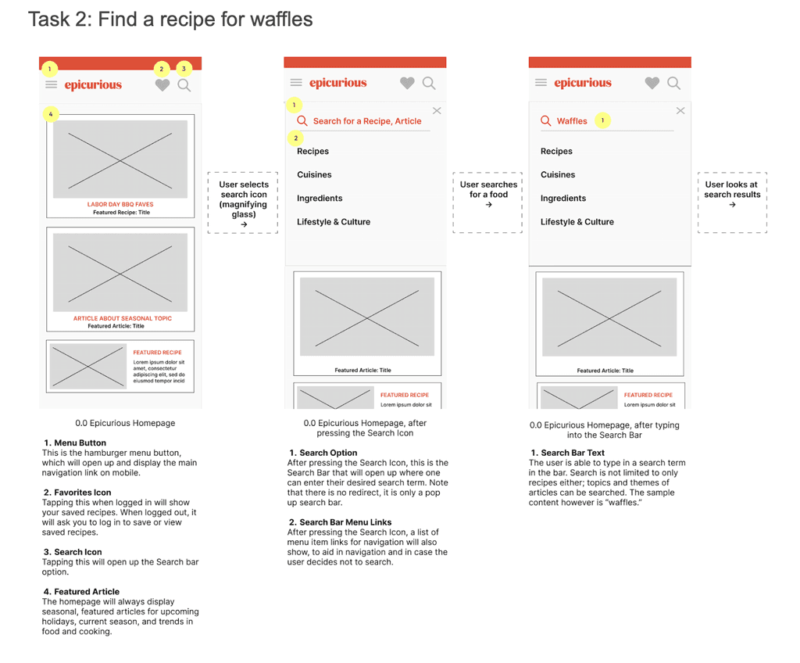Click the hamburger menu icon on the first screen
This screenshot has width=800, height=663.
point(51,84)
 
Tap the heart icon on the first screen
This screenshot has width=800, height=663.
point(162,84)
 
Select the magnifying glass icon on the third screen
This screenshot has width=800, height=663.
point(674,83)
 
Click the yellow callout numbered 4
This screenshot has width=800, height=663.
point(51,114)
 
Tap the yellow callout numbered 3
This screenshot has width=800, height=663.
point(184,69)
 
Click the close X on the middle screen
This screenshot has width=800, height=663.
point(437,111)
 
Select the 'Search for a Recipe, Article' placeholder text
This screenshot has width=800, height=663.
point(367,121)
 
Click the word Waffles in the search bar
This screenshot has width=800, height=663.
point(572,121)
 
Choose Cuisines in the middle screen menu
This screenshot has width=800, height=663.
point(314,174)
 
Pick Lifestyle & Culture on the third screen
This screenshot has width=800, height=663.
point(577,222)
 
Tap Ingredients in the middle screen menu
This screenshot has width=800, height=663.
point(320,198)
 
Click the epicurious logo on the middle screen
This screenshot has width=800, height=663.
point(337,83)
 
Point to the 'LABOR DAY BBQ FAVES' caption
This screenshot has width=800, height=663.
point(120,204)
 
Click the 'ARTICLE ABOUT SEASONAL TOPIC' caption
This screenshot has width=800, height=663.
point(123,318)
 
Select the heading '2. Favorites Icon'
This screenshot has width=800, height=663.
point(77,493)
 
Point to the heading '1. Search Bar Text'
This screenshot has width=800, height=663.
point(568,453)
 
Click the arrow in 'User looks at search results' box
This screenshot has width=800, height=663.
point(733,205)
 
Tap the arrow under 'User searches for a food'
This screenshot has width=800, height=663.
point(489,205)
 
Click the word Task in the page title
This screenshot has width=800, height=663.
point(48,20)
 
